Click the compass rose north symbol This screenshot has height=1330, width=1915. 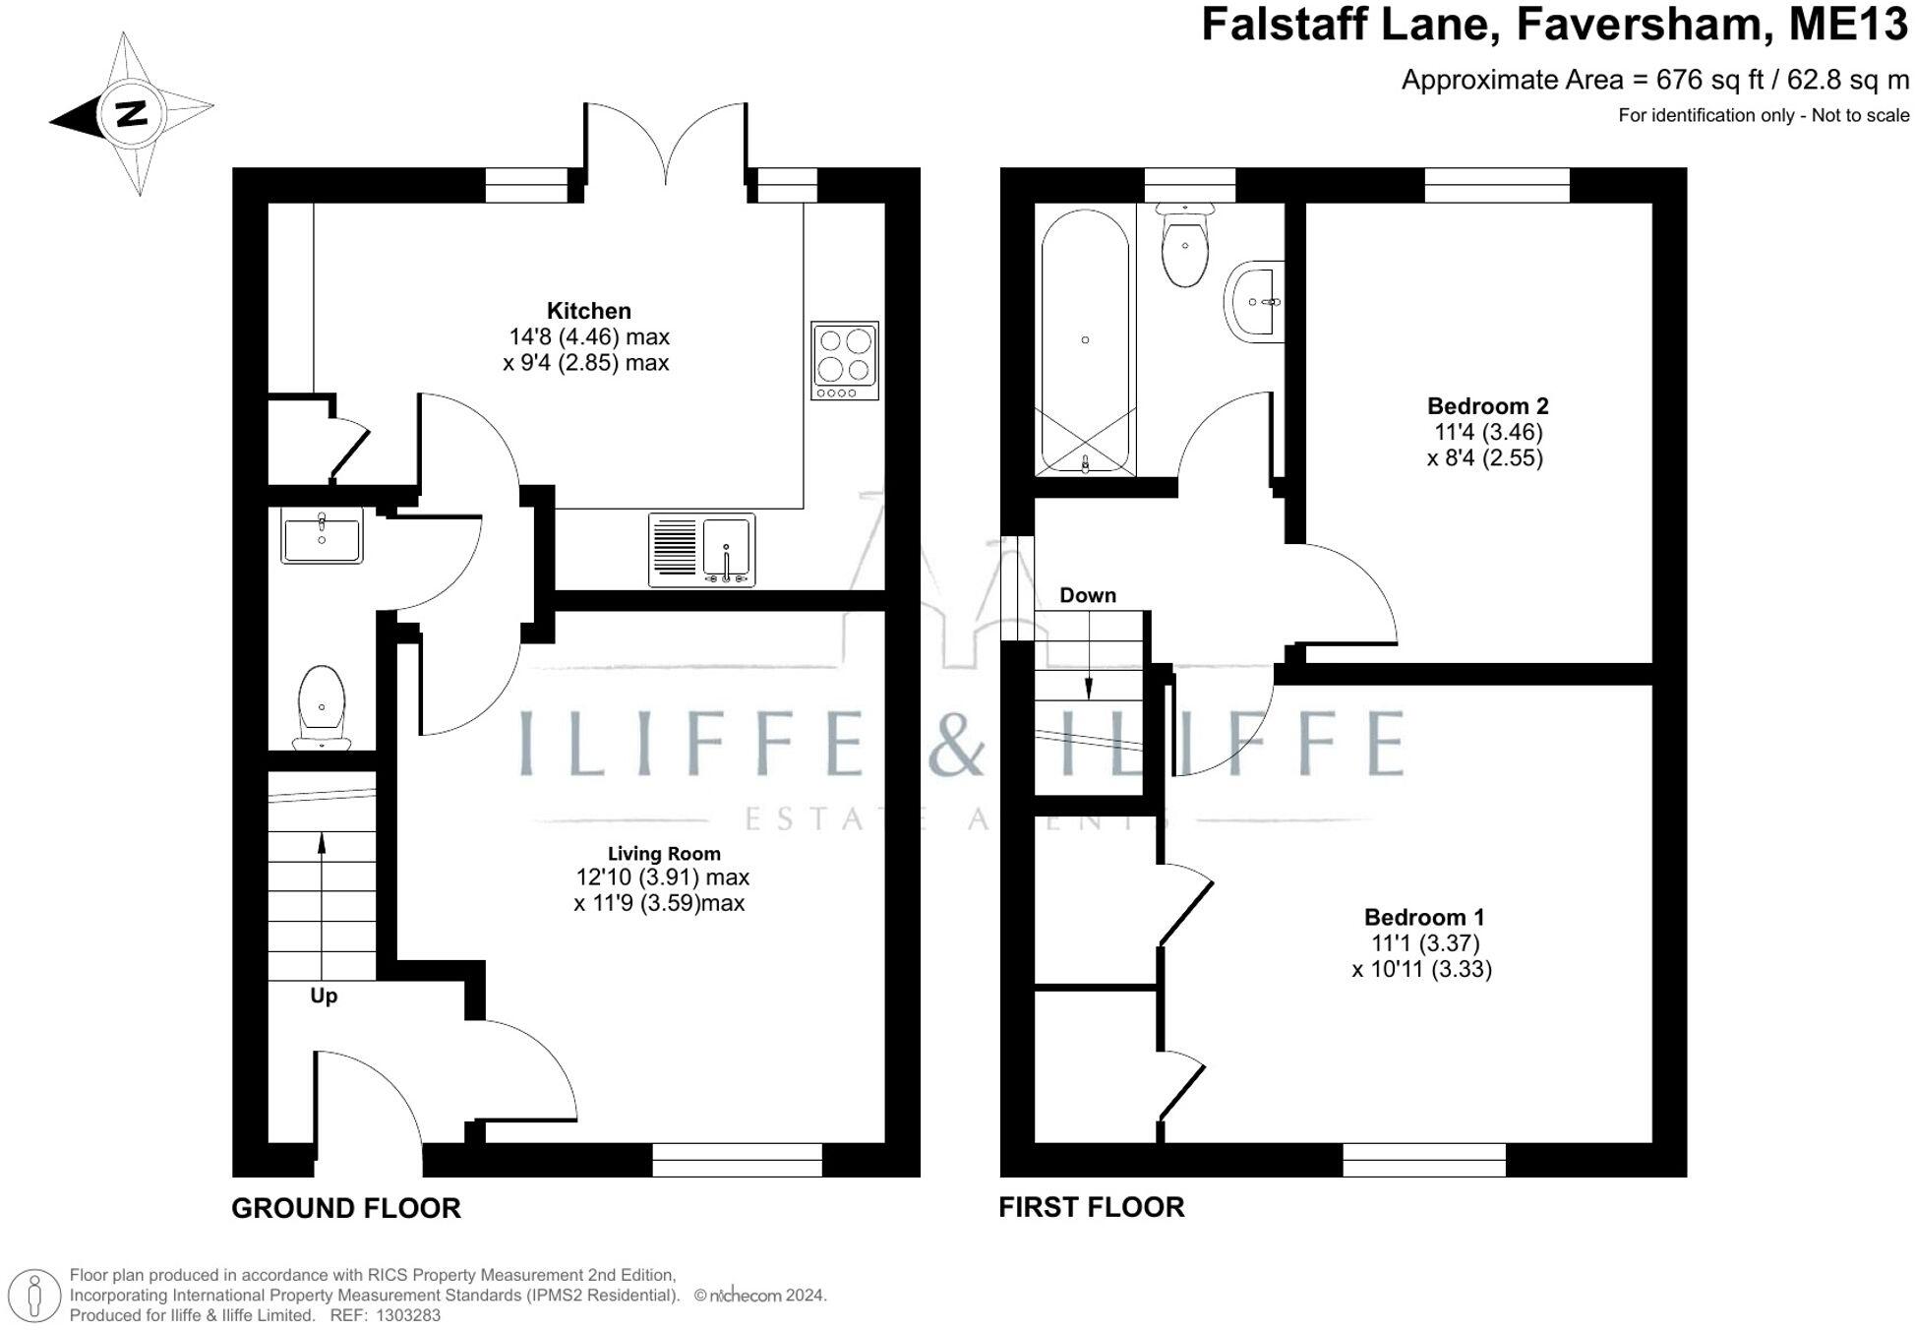131,113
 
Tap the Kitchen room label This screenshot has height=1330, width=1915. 588,311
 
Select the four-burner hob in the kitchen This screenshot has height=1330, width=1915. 845,360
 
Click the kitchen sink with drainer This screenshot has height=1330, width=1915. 701,549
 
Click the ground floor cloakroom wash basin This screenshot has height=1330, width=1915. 322,535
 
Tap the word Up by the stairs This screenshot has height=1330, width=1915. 324,996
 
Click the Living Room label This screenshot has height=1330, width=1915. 663,854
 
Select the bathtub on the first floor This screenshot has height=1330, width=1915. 1085,341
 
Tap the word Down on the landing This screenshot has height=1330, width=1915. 1087,595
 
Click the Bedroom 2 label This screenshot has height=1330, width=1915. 1487,405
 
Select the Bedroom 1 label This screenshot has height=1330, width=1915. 1422,917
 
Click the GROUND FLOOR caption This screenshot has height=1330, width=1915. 346,1208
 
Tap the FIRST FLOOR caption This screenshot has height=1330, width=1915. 1091,1207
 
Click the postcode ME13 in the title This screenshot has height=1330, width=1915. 1847,25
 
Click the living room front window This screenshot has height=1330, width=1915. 737,1160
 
